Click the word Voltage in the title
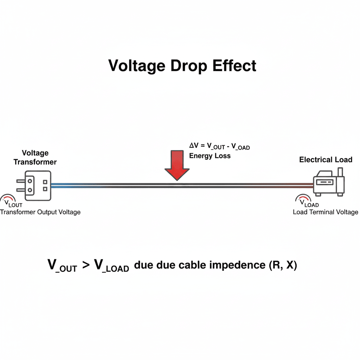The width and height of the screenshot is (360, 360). click(x=136, y=66)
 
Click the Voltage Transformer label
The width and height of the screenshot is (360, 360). click(x=35, y=157)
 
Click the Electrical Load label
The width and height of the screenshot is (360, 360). click(x=326, y=160)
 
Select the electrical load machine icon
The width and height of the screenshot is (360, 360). click(x=329, y=183)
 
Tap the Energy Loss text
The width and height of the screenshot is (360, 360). click(x=210, y=156)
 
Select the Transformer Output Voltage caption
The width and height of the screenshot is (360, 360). click(x=40, y=212)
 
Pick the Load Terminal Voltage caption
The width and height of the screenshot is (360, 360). click(x=326, y=212)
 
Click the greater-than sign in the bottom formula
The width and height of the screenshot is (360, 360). click(x=85, y=265)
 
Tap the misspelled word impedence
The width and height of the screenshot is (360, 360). click(x=237, y=265)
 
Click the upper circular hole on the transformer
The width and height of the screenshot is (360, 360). click(x=30, y=181)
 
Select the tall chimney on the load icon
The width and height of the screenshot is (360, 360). click(x=340, y=173)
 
